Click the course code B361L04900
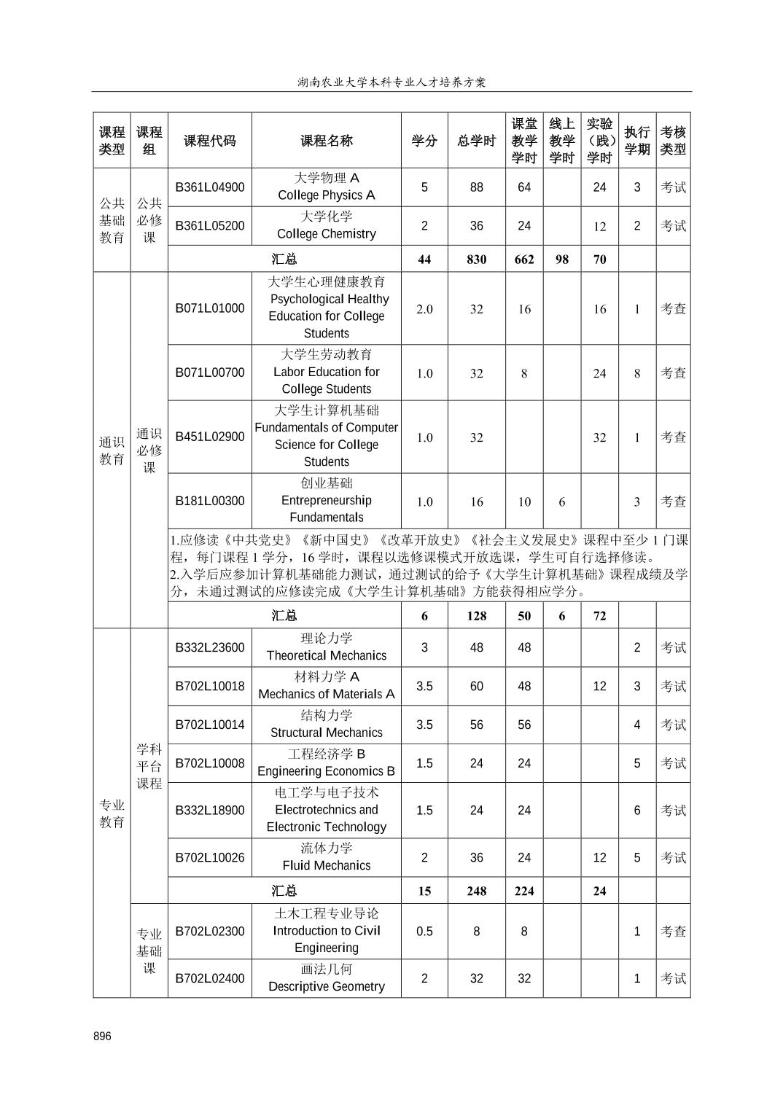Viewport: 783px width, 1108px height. click(210, 187)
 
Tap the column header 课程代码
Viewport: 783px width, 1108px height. click(210, 141)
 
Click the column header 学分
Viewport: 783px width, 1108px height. click(424, 141)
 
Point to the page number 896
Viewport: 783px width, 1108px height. click(103, 1036)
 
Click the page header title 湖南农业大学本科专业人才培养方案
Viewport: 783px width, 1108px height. click(391, 82)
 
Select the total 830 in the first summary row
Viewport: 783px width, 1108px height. click(476, 260)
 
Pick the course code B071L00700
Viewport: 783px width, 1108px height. click(210, 372)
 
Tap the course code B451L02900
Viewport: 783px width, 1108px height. click(210, 437)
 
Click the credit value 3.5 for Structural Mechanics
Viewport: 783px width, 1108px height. click(424, 725)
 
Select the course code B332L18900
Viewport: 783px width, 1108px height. click(210, 810)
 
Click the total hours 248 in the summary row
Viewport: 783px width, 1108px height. click(476, 891)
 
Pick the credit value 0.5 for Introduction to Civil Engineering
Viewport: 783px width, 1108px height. click(424, 931)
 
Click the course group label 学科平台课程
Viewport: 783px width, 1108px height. click(149, 766)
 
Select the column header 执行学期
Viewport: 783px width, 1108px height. click(637, 141)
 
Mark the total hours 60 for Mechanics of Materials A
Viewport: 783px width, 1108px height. click(476, 686)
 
